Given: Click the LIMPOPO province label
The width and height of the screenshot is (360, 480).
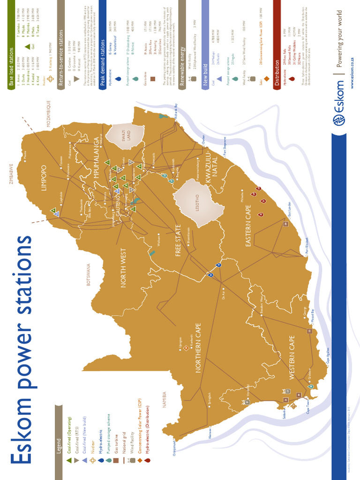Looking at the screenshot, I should coord(44,177).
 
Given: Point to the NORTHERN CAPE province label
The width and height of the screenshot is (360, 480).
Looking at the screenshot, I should coord(198,348).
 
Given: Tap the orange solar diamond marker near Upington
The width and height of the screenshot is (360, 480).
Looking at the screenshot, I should coord(186,347).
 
